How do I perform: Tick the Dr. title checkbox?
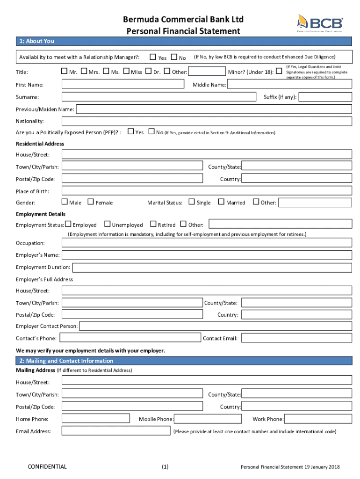[148, 72]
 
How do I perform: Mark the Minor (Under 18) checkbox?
[279, 72]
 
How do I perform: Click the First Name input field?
[123, 84]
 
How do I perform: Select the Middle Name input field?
[289, 85]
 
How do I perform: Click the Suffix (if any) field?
[325, 97]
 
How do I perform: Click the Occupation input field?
[207, 243]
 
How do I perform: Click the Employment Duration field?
[212, 267]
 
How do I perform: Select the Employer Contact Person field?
[216, 326]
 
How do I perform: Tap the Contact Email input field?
[296, 338]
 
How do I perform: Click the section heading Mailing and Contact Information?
[66, 361]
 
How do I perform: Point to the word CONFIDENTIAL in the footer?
[47, 466]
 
